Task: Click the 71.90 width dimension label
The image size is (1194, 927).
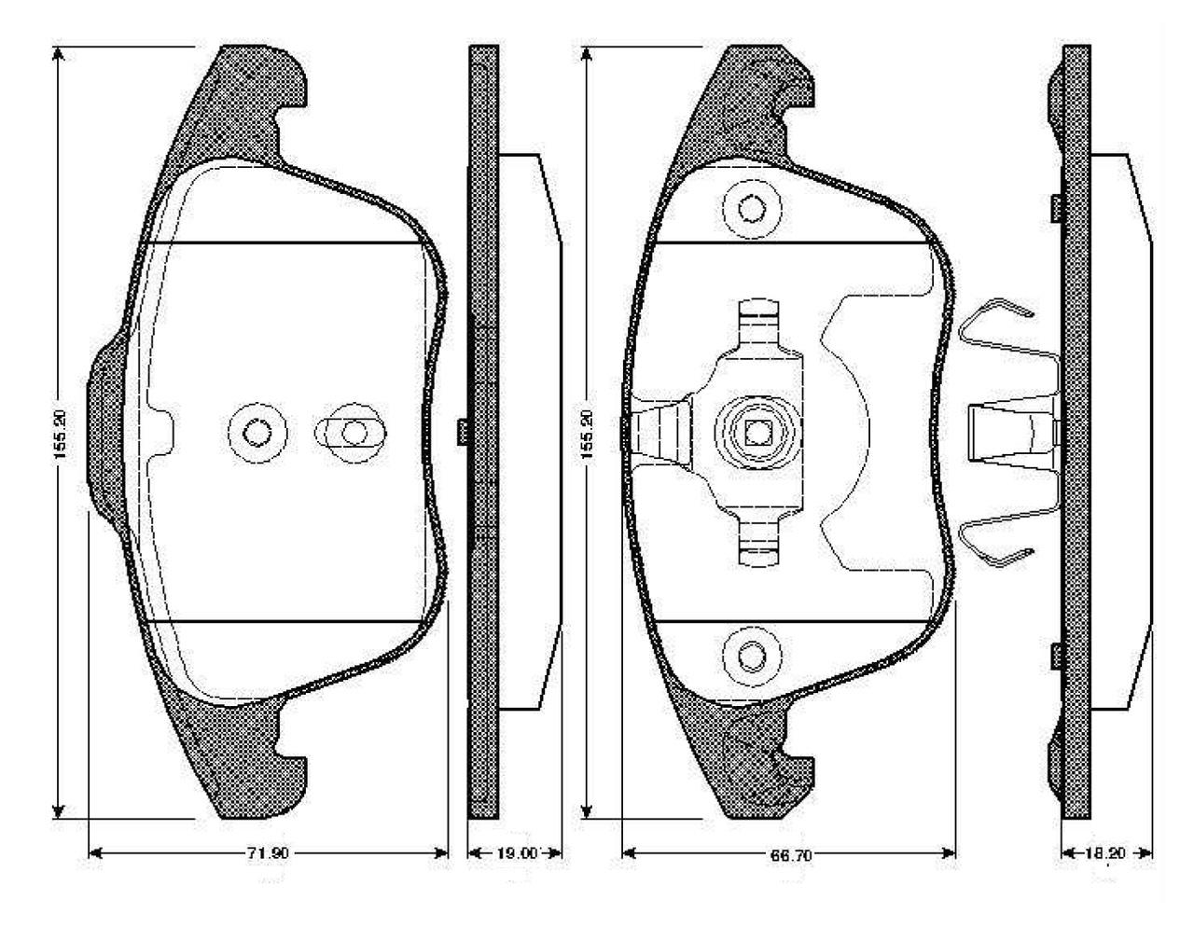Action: (267, 853)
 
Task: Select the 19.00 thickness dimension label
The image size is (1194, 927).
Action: (516, 853)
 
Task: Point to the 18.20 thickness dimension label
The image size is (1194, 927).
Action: (1105, 853)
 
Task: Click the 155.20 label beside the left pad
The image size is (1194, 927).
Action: (60, 435)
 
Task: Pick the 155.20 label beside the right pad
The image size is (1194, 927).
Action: (587, 435)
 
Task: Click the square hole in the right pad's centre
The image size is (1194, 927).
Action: (757, 434)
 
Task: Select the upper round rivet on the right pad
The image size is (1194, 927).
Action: (752, 209)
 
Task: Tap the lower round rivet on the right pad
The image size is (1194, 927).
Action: (752, 657)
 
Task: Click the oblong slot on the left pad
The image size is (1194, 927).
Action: (351, 433)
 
